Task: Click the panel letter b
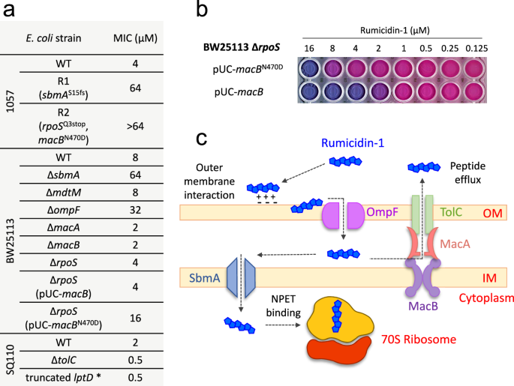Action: [x=202, y=11]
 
